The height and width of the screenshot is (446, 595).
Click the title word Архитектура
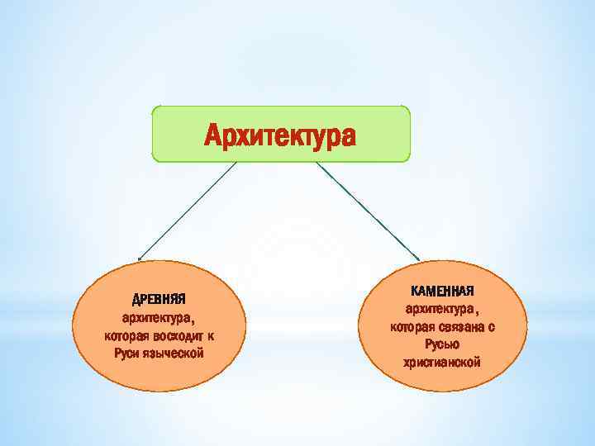pyautogui.click(x=280, y=135)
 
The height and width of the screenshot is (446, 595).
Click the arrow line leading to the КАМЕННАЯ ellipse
pyautogui.click(x=367, y=210)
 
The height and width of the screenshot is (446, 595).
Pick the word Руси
pyautogui.click(x=127, y=353)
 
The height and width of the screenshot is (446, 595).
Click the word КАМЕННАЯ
pyautogui.click(x=442, y=291)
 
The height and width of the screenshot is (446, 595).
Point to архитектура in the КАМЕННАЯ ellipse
pyautogui.click(x=440, y=309)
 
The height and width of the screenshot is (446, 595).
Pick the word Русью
pyautogui.click(x=442, y=344)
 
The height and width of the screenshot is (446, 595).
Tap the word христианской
pyautogui.click(x=442, y=363)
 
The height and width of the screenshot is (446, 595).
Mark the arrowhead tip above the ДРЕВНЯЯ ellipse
pyautogui.click(x=139, y=259)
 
